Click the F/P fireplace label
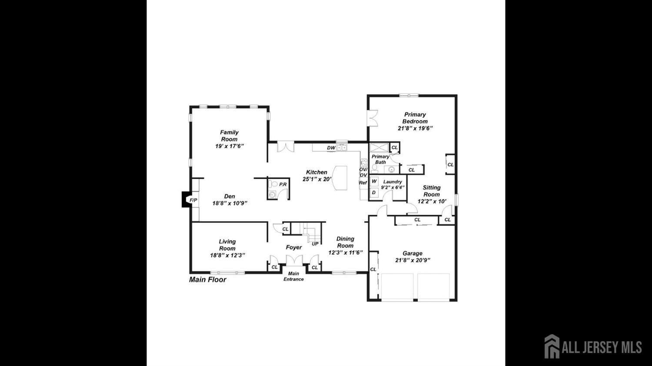(193, 200)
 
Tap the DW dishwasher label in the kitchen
(331, 148)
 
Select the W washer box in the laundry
(374, 181)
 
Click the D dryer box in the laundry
(374, 193)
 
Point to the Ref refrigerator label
(363, 183)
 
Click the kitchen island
(340, 178)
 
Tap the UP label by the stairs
(315, 244)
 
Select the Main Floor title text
(207, 279)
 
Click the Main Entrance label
(293, 276)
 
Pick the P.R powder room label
(283, 184)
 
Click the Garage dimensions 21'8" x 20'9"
(413, 260)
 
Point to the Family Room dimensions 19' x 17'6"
(230, 146)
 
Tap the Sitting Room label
(432, 191)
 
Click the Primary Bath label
(380, 159)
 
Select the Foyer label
(294, 247)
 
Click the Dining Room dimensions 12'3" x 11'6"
(346, 253)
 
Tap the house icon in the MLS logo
(552, 346)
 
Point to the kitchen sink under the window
(342, 148)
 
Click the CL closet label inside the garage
(373, 270)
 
